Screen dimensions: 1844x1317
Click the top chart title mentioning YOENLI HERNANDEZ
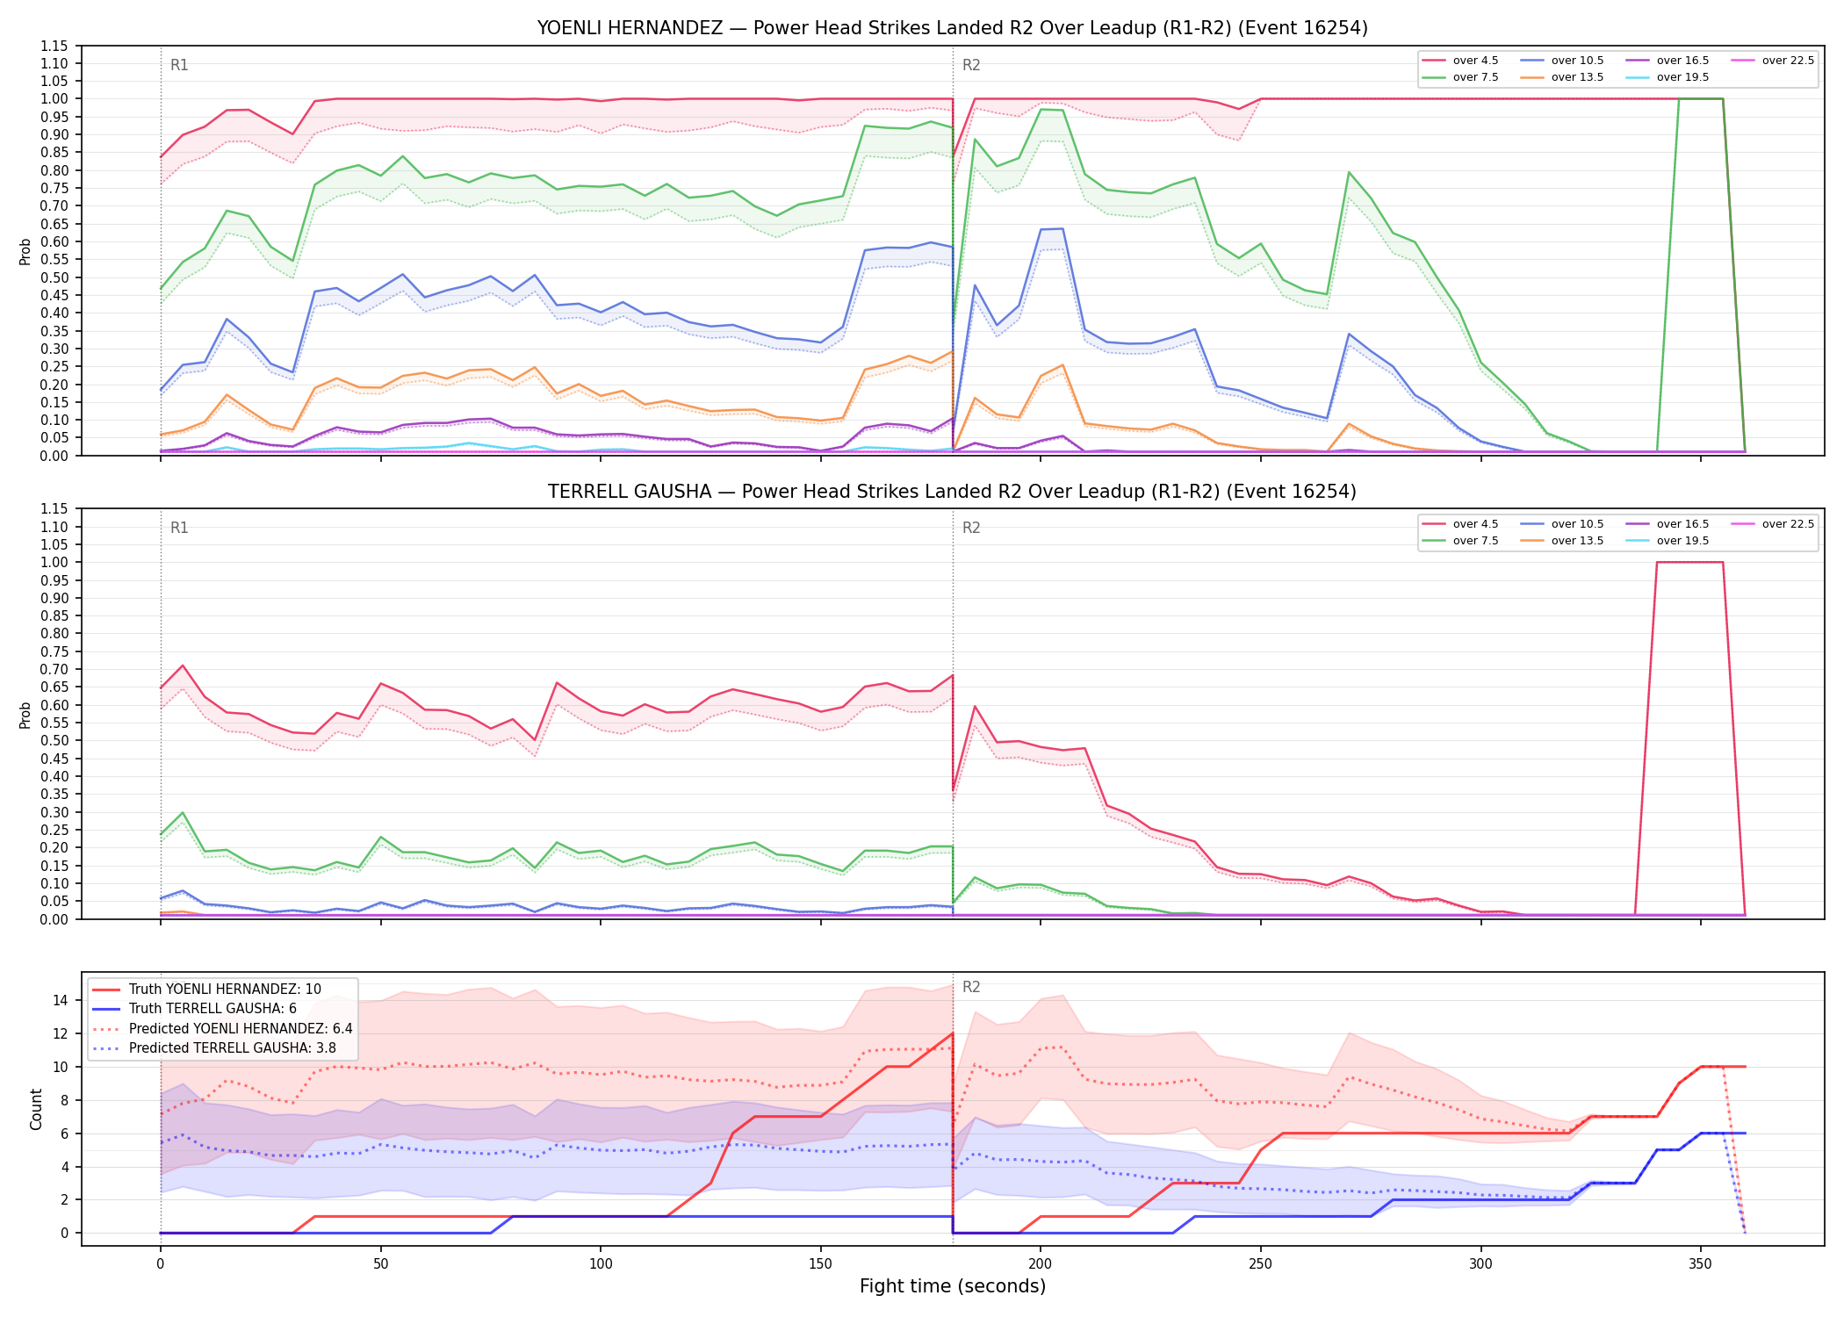click(952, 28)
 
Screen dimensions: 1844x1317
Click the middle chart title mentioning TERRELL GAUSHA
click(952, 492)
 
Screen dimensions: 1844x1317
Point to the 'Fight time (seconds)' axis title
click(953, 1286)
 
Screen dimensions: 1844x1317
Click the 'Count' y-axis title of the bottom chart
click(36, 1109)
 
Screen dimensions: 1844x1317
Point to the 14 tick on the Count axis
click(61, 1000)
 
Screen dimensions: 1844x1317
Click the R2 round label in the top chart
click(971, 65)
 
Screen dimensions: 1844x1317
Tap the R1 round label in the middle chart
click(179, 528)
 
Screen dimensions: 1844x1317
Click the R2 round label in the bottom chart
click(971, 987)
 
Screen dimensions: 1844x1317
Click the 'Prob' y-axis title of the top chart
click(25, 251)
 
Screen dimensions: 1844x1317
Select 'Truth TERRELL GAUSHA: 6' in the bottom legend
click(212, 1009)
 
